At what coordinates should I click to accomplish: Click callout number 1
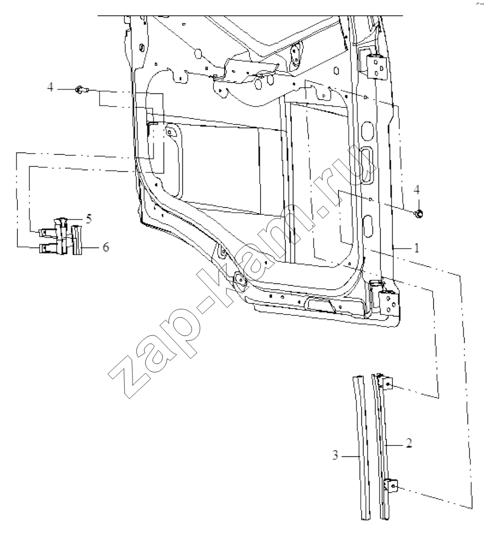417,248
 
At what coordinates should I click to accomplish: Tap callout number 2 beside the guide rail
409,444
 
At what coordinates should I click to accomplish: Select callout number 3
335,455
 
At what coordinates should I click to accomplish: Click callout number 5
89,218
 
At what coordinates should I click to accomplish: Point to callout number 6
106,247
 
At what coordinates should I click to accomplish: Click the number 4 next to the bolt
51,87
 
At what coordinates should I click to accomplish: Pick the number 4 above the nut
417,189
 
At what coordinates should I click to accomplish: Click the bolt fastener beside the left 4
81,90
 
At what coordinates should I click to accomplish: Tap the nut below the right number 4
418,214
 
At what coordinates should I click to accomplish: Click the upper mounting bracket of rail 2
387,383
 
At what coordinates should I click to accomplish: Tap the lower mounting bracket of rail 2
391,486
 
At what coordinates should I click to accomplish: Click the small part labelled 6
77,240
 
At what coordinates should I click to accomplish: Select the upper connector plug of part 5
48,233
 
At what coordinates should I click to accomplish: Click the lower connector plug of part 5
48,249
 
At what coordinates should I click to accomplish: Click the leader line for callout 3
351,456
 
